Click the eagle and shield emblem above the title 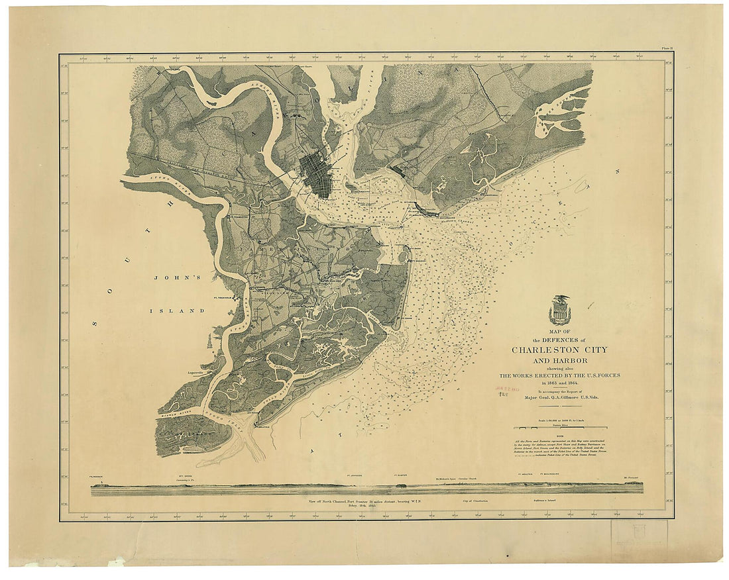tap(560, 309)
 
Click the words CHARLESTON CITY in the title tap(559, 350)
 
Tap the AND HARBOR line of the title tap(559, 361)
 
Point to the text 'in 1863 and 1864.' tap(559, 383)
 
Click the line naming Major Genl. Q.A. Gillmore tap(560, 400)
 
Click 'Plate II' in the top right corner tap(666, 48)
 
